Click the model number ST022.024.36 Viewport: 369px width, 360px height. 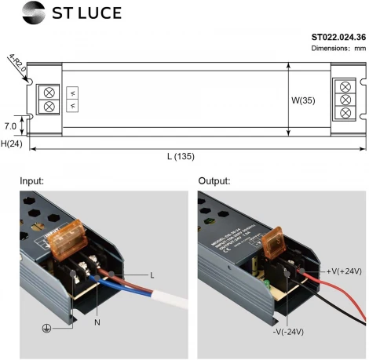[338, 37]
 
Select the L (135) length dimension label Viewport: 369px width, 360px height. [181, 158]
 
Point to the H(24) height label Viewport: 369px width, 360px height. [12, 144]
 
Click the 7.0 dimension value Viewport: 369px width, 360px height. [10, 125]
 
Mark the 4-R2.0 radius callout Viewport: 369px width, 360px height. [16, 63]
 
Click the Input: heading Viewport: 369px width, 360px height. [33, 181]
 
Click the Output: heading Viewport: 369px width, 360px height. [214, 181]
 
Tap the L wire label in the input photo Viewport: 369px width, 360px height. [152, 275]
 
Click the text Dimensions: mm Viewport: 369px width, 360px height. [339, 49]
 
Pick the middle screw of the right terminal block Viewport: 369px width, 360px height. [344, 100]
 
